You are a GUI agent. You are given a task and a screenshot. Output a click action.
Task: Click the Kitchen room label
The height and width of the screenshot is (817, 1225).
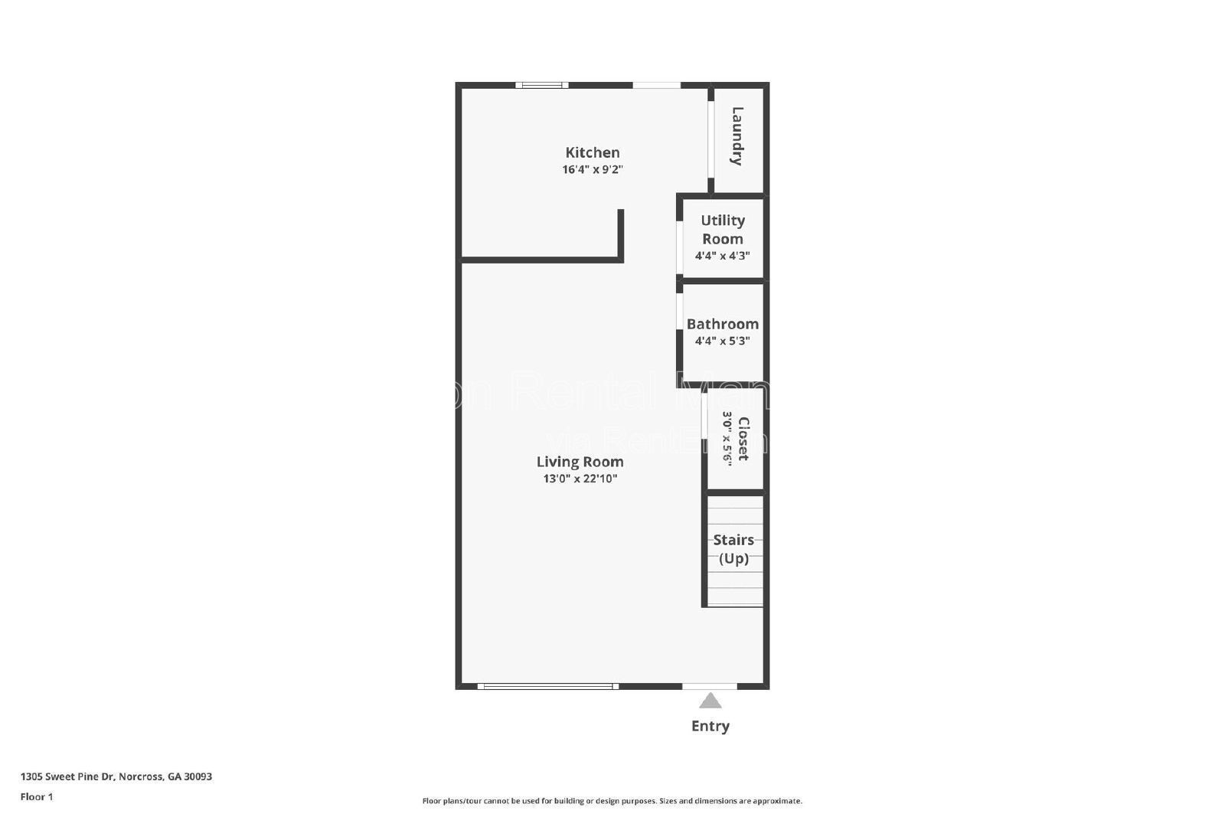pyautogui.click(x=592, y=152)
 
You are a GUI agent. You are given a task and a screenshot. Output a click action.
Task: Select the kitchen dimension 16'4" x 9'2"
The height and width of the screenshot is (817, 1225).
pyautogui.click(x=592, y=170)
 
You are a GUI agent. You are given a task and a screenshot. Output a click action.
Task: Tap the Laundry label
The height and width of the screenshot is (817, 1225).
pyautogui.click(x=737, y=136)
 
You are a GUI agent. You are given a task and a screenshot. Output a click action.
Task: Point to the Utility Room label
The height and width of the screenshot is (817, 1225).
pyautogui.click(x=722, y=229)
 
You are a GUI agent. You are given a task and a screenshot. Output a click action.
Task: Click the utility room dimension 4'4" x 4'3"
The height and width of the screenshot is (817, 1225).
pyautogui.click(x=722, y=256)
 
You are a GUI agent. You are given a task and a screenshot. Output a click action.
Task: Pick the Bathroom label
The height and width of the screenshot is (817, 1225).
pyautogui.click(x=722, y=324)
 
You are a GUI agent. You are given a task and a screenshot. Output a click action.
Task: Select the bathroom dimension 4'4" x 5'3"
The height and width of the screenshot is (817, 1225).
pyautogui.click(x=722, y=341)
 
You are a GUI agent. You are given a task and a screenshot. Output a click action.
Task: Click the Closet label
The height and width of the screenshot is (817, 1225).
pyautogui.click(x=743, y=439)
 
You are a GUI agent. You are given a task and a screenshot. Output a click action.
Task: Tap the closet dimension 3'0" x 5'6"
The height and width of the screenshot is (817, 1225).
pyautogui.click(x=727, y=439)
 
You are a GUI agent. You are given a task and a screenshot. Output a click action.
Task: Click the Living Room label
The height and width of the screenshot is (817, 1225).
pyautogui.click(x=580, y=462)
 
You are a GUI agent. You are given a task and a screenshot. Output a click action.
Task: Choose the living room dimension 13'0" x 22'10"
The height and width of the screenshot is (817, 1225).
pyautogui.click(x=580, y=479)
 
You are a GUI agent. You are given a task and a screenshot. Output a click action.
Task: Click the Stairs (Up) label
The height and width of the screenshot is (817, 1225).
pyautogui.click(x=733, y=549)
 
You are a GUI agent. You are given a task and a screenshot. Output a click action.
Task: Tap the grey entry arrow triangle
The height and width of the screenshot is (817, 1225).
pyautogui.click(x=710, y=701)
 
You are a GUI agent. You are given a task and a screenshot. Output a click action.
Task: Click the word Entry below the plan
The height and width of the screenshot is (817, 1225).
pyautogui.click(x=710, y=726)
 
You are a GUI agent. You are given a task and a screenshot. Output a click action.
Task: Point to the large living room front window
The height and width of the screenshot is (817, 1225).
pyautogui.click(x=547, y=686)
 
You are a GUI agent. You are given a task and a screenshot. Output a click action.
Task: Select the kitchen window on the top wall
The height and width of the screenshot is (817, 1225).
pyautogui.click(x=541, y=85)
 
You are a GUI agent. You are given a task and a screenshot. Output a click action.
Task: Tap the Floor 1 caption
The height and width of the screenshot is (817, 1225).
pyautogui.click(x=37, y=796)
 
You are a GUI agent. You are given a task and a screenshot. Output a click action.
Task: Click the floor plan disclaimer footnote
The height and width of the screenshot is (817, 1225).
pyautogui.click(x=612, y=801)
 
